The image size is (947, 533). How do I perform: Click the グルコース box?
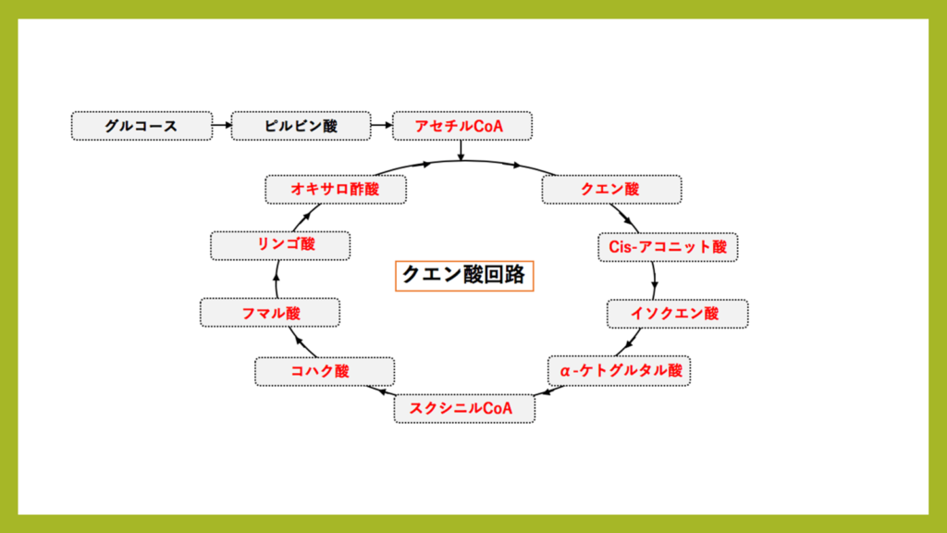click(141, 126)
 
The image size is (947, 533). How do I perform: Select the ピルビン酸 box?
click(301, 126)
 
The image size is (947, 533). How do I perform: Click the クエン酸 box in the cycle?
click(611, 189)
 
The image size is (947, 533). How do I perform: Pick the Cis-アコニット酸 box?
click(669, 246)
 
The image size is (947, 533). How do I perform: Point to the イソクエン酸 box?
click(677, 314)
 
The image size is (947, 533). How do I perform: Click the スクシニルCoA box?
click(464, 408)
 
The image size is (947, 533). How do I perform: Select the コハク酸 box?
click(324, 371)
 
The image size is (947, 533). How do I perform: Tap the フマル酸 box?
click(271, 314)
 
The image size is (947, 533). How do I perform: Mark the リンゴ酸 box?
click(280, 245)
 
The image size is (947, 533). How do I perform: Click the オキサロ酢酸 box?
click(336, 189)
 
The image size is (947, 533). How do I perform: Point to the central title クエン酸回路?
click(465, 275)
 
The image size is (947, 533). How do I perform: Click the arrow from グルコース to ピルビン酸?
click(222, 126)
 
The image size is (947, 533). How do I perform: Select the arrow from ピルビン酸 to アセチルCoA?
click(381, 126)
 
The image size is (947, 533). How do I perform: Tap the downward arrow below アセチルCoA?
click(461, 151)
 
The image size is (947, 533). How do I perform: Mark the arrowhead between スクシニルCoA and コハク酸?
click(387, 391)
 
